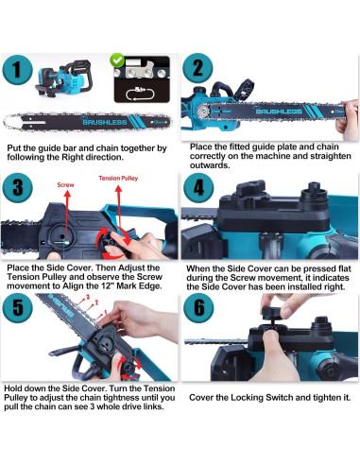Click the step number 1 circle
[17, 70]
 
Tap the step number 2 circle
[197, 68]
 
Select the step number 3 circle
[17, 188]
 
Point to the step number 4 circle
[198, 188]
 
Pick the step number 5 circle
[17, 308]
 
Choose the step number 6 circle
[198, 308]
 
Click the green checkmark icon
[117, 60]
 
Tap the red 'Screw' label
[65, 185]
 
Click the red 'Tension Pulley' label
[118, 179]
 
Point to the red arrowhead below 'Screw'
[67, 193]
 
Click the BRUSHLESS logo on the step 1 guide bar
[105, 122]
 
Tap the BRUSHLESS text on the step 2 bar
[279, 112]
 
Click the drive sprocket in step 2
[203, 112]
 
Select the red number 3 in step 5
[88, 297]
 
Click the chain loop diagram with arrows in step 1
[140, 94]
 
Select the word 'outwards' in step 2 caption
[209, 165]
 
